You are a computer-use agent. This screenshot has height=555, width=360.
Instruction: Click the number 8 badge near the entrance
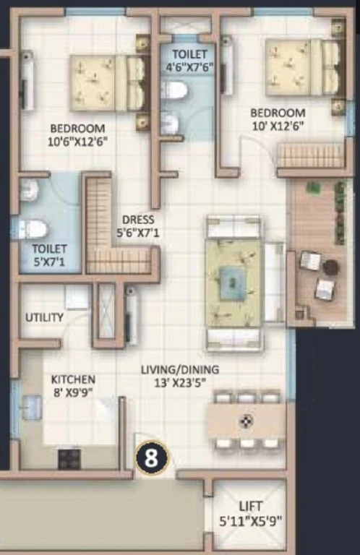[152, 458]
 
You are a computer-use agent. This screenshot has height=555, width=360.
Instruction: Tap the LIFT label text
[251, 506]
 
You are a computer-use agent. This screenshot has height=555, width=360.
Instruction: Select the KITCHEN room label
[73, 379]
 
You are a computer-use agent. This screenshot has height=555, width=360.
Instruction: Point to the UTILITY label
[45, 317]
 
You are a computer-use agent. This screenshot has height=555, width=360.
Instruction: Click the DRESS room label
[138, 220]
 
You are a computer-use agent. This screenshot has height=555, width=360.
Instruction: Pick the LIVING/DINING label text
[180, 369]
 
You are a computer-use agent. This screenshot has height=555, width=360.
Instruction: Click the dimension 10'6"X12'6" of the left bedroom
[77, 142]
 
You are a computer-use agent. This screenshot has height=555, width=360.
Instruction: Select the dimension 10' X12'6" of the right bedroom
[278, 126]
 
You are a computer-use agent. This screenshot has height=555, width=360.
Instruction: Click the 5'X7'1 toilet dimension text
[50, 262]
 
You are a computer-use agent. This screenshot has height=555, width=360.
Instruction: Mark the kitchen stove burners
[69, 459]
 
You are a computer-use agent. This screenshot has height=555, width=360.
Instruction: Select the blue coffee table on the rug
[232, 282]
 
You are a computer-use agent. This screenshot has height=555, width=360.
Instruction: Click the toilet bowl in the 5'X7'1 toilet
[33, 229]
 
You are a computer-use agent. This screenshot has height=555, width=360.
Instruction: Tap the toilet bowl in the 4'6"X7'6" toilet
[173, 90]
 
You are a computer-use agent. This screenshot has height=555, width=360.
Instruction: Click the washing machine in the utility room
[77, 298]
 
